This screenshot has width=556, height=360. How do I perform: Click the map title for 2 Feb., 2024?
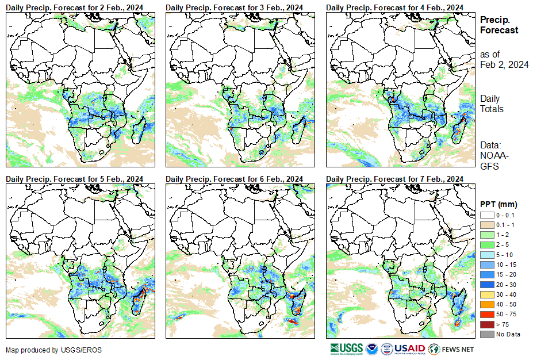(x=75, y=7)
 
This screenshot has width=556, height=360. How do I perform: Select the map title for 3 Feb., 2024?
(x=235, y=7)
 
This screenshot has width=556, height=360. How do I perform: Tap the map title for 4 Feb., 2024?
(x=394, y=7)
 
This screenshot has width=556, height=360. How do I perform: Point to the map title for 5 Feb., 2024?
(x=75, y=179)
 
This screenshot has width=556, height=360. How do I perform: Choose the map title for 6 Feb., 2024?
(x=235, y=179)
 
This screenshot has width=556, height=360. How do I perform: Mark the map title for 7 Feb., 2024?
(x=394, y=179)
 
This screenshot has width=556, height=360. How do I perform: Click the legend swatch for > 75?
(x=486, y=324)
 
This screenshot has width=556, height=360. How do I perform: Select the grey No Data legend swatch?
(x=486, y=334)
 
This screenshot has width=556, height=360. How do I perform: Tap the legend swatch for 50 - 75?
(x=486, y=315)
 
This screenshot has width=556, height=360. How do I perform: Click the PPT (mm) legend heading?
(x=499, y=204)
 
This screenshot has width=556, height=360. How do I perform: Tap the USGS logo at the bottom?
(x=346, y=348)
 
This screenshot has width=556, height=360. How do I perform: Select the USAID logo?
(x=409, y=348)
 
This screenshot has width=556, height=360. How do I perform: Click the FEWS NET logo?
(x=451, y=348)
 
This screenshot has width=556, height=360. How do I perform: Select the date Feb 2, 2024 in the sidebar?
(x=504, y=64)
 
